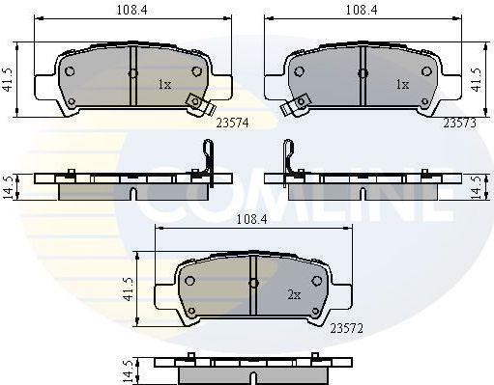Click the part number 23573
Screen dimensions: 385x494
click(x=458, y=123)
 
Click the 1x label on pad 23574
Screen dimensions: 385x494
click(x=163, y=85)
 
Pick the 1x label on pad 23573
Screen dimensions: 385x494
click(x=401, y=85)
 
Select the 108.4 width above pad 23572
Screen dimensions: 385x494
click(x=250, y=220)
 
